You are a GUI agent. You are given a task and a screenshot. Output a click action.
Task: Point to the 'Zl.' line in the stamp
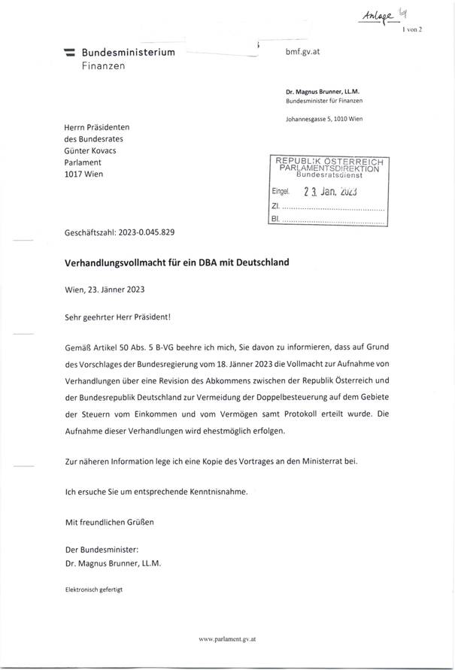275,206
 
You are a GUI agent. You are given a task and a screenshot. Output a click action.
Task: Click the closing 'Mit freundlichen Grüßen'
110,520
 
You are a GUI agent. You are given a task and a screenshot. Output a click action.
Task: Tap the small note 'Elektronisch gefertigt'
93,590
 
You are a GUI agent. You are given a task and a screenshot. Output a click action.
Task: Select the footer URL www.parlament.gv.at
228,638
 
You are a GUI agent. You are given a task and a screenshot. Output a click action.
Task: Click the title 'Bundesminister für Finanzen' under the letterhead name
323,100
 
